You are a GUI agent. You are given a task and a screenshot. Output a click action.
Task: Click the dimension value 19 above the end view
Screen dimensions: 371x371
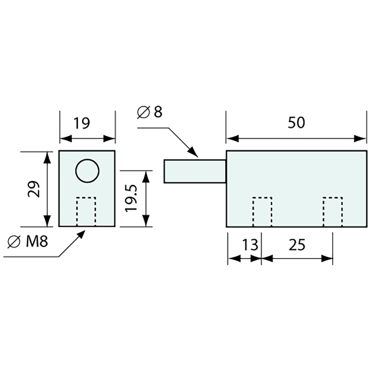(x=82, y=123)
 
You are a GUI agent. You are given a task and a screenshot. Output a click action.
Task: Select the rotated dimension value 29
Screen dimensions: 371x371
(x=33, y=189)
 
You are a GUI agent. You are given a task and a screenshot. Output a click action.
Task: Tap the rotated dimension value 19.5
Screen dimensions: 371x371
(x=131, y=198)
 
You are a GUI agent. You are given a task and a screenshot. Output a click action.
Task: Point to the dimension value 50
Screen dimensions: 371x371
(x=296, y=123)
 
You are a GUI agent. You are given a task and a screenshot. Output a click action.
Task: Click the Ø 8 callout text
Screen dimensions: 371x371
(x=149, y=112)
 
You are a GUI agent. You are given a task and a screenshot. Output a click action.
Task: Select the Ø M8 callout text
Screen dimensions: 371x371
(x=28, y=242)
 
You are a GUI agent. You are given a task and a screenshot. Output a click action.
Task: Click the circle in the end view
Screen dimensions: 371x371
(x=87, y=171)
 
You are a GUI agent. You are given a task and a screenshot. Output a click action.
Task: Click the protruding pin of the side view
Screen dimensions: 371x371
(x=195, y=171)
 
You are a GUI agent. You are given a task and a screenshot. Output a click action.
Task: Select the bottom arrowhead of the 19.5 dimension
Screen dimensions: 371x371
(x=146, y=221)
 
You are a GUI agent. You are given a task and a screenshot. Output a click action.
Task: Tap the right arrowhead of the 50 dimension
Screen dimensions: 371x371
(x=360, y=139)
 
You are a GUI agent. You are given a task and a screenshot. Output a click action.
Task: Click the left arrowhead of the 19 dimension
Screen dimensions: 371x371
(x=66, y=139)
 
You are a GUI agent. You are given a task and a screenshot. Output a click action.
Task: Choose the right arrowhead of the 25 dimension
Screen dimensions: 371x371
(x=327, y=259)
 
